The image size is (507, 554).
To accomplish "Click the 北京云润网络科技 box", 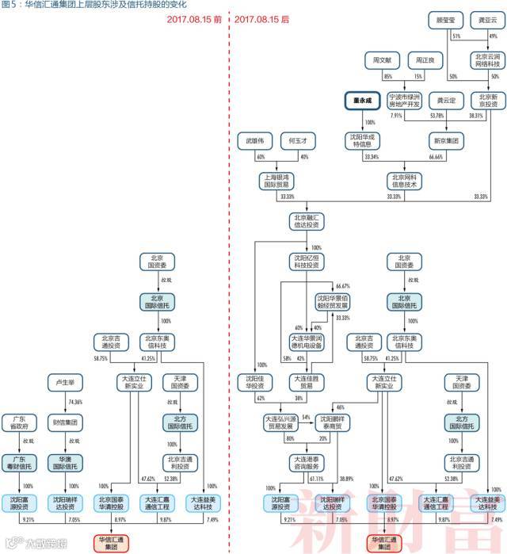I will pyautogui.click(x=486, y=59).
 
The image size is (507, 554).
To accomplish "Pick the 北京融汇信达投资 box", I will pyautogui.click(x=310, y=220).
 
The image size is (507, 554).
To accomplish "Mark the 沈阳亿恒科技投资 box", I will pyautogui.click(x=310, y=262).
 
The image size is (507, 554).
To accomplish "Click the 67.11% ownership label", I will pyautogui.click(x=316, y=479).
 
